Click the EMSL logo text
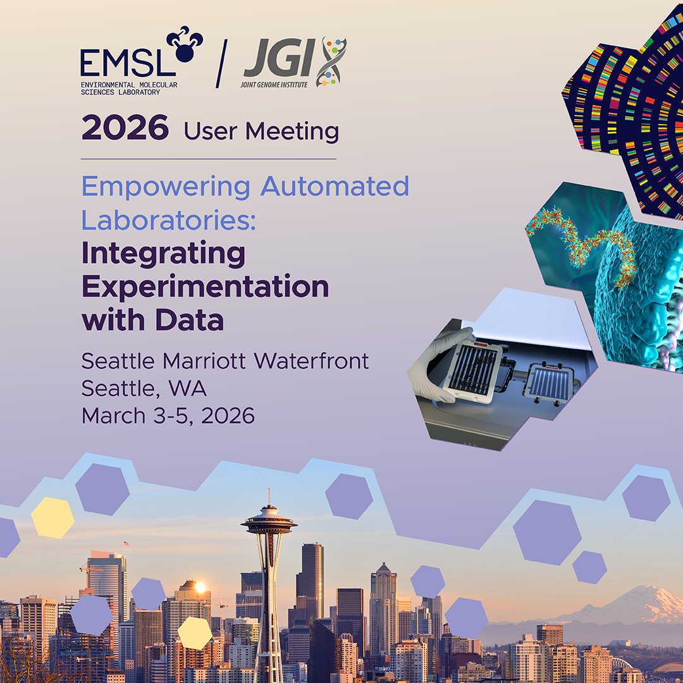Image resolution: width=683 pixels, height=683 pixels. click(x=118, y=61)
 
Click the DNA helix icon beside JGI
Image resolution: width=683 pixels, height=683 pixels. click(x=333, y=62)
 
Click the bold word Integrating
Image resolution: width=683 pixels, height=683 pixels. click(x=163, y=254)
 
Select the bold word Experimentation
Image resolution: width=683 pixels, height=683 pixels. click(x=205, y=287)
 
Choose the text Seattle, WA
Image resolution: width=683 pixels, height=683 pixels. click(x=144, y=389)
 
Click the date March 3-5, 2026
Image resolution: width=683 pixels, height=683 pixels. click(x=168, y=416)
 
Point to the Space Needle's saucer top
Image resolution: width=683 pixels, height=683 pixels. click(x=269, y=522)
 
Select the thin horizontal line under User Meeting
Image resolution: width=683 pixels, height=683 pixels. click(x=209, y=158)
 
